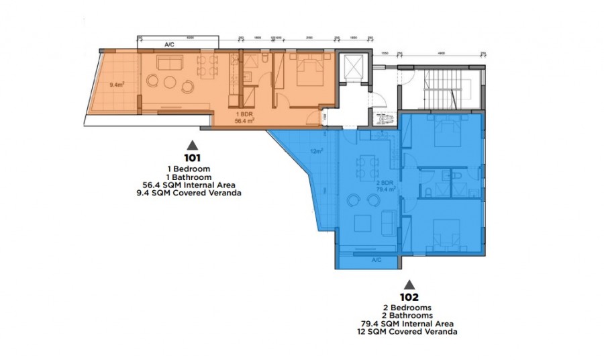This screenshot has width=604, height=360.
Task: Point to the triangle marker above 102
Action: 409,283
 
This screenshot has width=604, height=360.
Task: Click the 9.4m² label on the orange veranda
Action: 118,85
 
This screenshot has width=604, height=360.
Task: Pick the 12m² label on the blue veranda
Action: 316,150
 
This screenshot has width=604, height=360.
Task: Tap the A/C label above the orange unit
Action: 170,44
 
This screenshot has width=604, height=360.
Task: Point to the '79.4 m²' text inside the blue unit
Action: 385,189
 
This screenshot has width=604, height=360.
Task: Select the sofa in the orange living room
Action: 170,64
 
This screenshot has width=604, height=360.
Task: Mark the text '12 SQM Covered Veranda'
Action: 409,330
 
